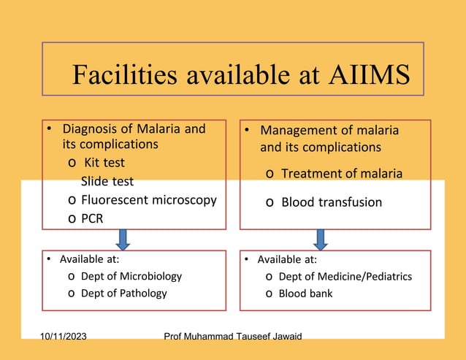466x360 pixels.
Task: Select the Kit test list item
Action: tap(104, 162)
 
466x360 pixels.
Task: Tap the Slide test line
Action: tap(107, 181)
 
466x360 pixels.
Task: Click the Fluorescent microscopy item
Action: tap(148, 199)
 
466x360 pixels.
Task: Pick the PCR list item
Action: tap(92, 218)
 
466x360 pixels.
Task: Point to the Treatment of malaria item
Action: tap(341, 173)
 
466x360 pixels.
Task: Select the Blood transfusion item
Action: tap(331, 202)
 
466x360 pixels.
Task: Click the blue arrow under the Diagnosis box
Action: tap(123, 239)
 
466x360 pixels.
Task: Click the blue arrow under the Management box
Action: tap(320, 239)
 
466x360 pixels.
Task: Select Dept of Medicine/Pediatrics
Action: tap(345, 277)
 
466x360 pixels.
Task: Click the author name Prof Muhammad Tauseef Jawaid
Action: tap(233, 336)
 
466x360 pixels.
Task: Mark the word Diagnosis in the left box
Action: tap(92, 129)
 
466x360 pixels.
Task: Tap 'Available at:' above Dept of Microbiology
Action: tap(89, 258)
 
